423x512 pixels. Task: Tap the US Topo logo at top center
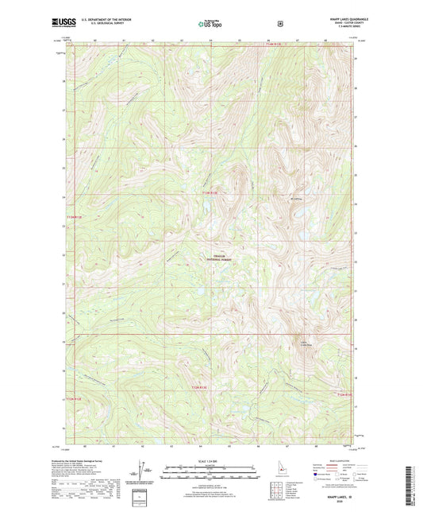coord(210,24)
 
